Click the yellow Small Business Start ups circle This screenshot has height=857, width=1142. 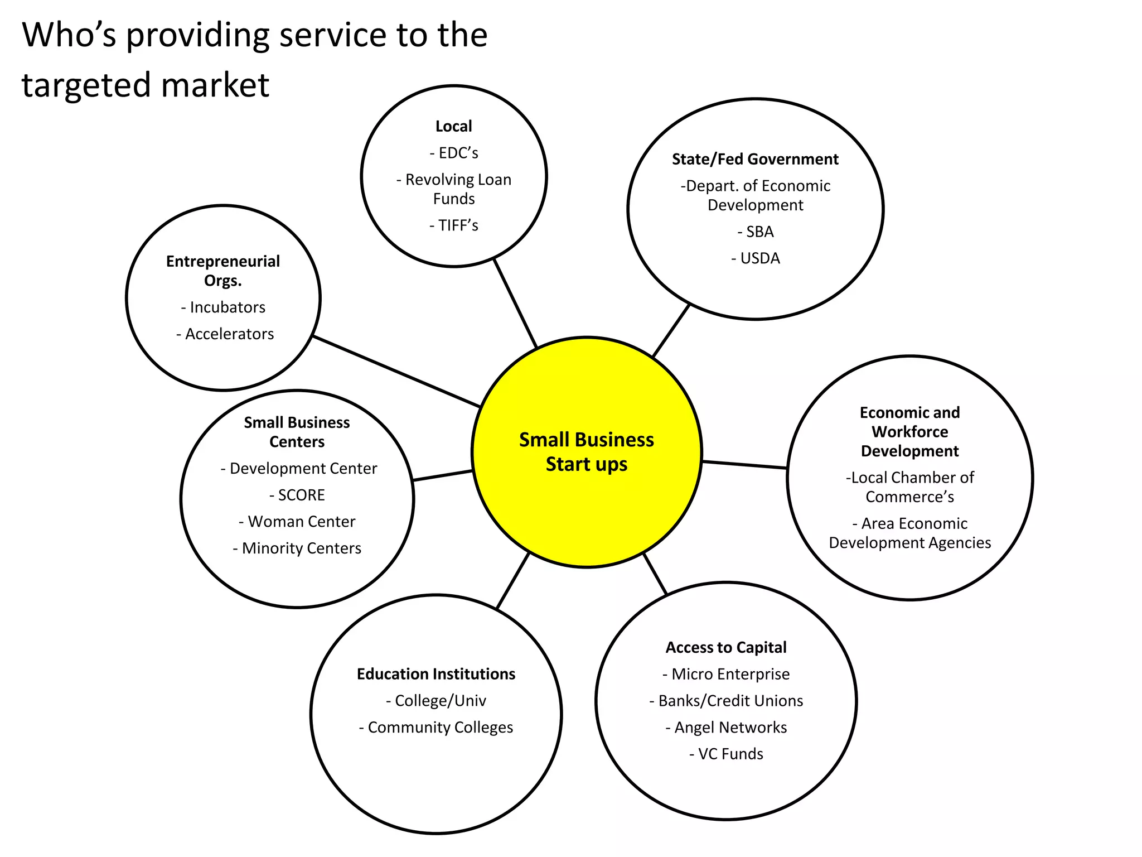click(x=586, y=502)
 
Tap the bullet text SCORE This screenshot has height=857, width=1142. click(x=301, y=495)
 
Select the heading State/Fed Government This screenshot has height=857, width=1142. click(x=755, y=160)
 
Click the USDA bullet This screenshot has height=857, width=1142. click(x=759, y=258)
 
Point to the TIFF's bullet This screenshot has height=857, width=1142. click(x=457, y=225)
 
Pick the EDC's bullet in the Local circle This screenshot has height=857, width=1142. click(x=457, y=153)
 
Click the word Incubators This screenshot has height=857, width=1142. click(x=228, y=307)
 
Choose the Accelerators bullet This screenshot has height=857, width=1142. click(x=229, y=334)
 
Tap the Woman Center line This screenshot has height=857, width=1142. click(x=301, y=522)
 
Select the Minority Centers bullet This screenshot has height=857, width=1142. click(x=301, y=548)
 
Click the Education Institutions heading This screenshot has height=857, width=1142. click(x=436, y=674)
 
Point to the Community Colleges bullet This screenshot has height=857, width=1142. click(x=440, y=728)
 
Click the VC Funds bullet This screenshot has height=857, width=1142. click(x=730, y=754)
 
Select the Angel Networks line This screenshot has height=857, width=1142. click(x=730, y=728)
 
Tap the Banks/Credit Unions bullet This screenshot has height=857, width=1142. click(x=730, y=701)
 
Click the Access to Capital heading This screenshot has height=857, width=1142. click(x=726, y=648)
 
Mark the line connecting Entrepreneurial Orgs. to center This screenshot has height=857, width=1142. click(x=396, y=371)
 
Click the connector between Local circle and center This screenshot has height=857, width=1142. click(x=515, y=303)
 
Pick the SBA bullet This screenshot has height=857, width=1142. click(x=759, y=232)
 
